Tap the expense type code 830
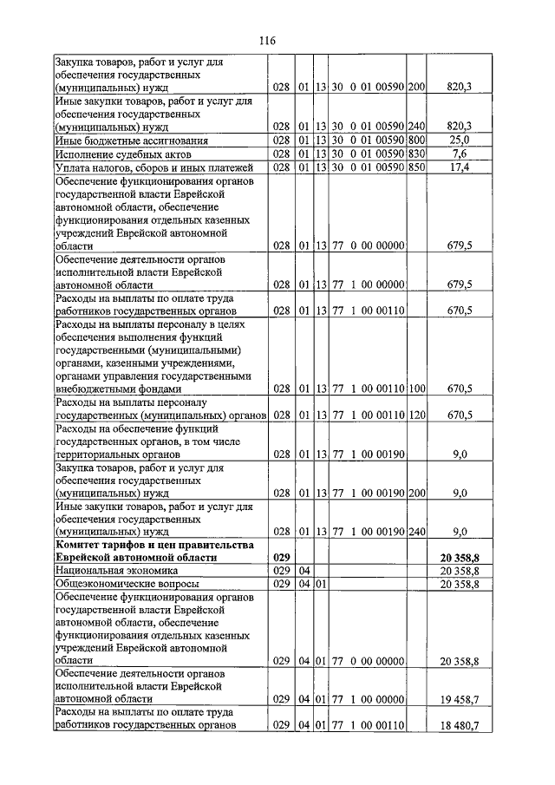(x=416, y=154)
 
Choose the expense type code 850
(x=416, y=167)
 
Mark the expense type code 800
(x=416, y=140)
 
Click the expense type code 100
(x=416, y=389)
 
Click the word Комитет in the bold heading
(x=79, y=545)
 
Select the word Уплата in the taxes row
(x=73, y=167)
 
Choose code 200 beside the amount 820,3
(x=416, y=88)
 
